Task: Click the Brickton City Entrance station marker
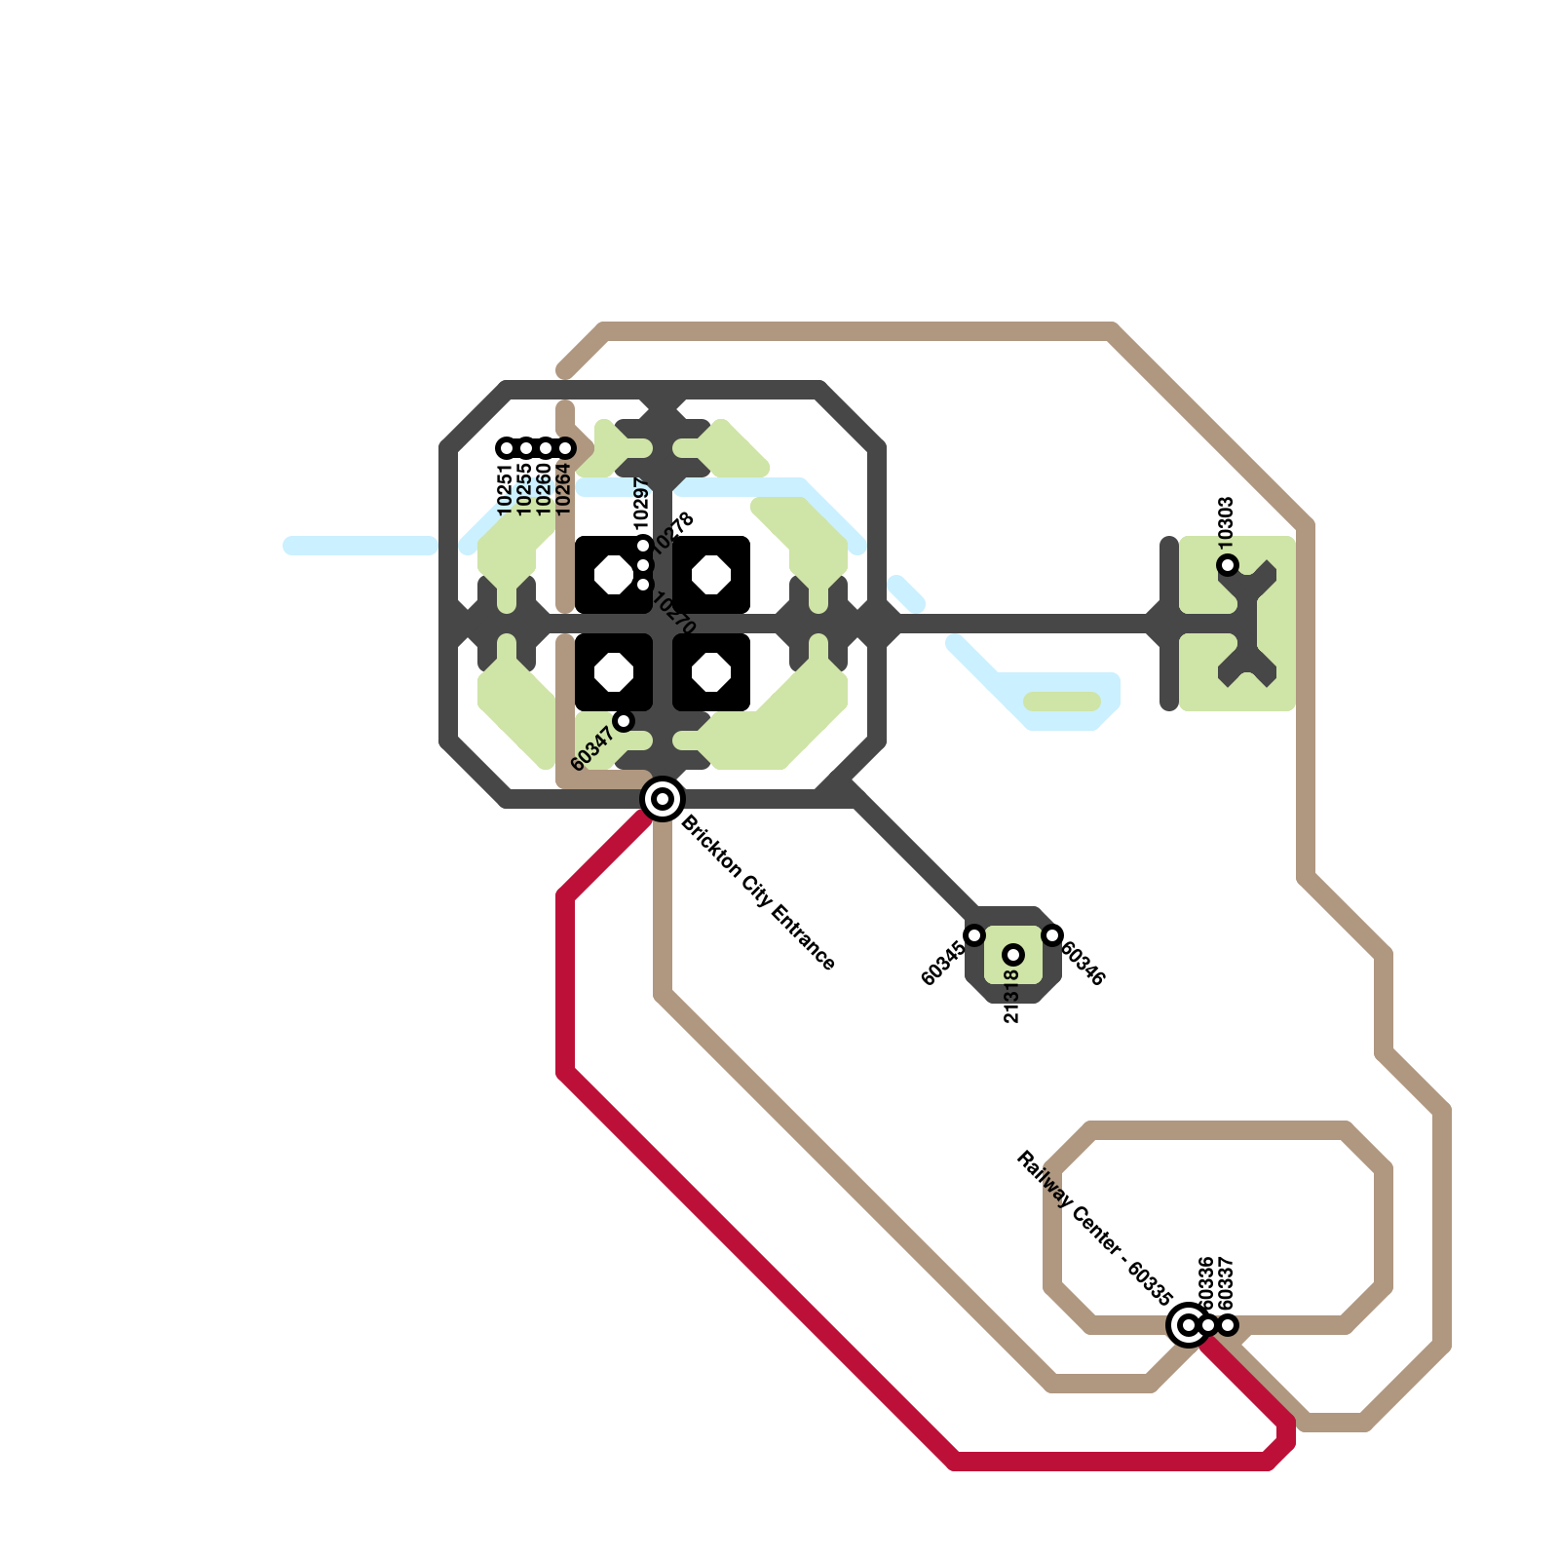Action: pos(663,799)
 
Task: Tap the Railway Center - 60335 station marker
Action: pos(1188,1325)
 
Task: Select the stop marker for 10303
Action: pos(1228,565)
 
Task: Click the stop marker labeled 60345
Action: pos(974,935)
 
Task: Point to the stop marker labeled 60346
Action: pos(1052,935)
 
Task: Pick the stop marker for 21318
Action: pos(1013,955)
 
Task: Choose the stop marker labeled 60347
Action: pos(624,721)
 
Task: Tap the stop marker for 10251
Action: pos(507,448)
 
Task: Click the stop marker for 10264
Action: pos(565,448)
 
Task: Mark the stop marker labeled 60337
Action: pos(1228,1325)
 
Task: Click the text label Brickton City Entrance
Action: pos(758,894)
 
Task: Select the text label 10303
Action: pos(1227,519)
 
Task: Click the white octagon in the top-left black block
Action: pos(614,575)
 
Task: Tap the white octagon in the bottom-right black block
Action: pos(711,672)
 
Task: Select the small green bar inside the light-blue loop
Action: pos(1062,702)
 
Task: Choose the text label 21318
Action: pos(1011,996)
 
